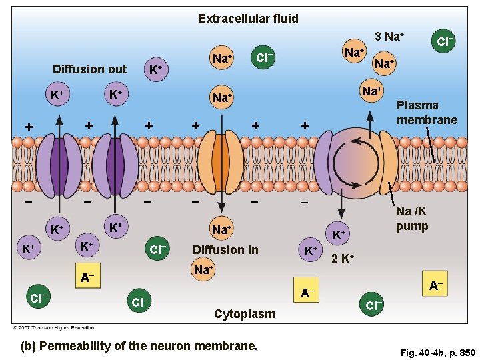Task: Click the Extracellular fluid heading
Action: coord(248,19)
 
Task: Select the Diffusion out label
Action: coord(89,69)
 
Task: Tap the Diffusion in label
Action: coord(225,250)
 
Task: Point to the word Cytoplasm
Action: coord(245,314)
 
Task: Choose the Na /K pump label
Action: coord(412,219)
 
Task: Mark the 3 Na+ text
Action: coord(390,35)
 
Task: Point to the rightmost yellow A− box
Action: coord(435,286)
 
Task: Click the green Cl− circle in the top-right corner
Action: coord(445,41)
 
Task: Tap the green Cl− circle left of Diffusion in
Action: coord(157,250)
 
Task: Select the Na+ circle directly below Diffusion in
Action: coord(203,270)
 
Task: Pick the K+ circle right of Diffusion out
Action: coord(156,69)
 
